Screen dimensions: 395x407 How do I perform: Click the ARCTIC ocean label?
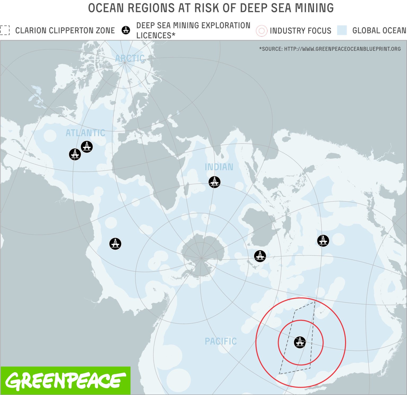130,58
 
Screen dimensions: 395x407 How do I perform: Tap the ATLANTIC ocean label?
85,133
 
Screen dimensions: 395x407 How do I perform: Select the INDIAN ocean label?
219,167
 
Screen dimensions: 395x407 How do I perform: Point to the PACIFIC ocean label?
221,341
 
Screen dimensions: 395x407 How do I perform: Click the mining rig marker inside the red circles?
300,342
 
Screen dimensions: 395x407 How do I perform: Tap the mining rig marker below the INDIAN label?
214,182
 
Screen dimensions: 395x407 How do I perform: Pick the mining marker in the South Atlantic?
115,244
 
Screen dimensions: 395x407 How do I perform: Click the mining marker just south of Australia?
260,256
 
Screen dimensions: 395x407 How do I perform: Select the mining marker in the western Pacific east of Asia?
323,241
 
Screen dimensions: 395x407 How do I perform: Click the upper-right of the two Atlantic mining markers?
87,147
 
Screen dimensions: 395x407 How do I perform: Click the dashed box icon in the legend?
5,30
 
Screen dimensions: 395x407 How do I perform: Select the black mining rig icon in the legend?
126,30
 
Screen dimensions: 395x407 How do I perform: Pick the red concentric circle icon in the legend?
261,31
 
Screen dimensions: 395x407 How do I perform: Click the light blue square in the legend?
342,30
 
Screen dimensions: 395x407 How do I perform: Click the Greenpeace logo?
65,381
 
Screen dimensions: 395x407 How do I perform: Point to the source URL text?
330,49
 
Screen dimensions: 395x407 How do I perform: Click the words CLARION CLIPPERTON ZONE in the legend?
65,31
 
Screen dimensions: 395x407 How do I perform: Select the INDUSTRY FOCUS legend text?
300,31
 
